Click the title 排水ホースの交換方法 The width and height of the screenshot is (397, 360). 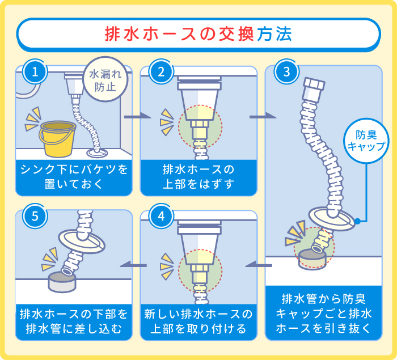pyautogui.click(x=198, y=34)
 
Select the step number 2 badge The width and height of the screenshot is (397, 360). pyautogui.click(x=161, y=72)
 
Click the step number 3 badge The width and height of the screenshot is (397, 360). pyautogui.click(x=286, y=72)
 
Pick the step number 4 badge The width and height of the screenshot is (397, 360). pyautogui.click(x=161, y=217)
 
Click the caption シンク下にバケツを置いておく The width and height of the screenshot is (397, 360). pyautogui.click(x=74, y=176)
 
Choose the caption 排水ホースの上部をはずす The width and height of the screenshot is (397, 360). pyautogui.click(x=198, y=176)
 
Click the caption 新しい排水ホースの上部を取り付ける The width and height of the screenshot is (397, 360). pyautogui.click(x=198, y=321)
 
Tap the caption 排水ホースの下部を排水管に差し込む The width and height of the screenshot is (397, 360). pyautogui.click(x=74, y=321)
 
